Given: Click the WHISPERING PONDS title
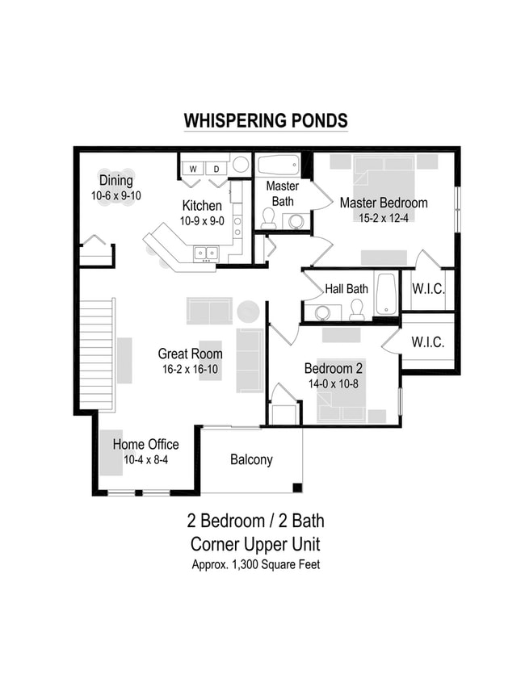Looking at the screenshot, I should click(266, 121).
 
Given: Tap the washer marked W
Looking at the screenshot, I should click(194, 168).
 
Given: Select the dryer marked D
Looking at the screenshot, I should click(216, 168).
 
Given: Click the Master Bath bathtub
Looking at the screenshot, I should click(278, 165).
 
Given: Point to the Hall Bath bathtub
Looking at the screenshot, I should click(386, 293).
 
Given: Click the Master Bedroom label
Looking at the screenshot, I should click(383, 203).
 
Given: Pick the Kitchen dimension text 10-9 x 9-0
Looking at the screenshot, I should click(202, 220).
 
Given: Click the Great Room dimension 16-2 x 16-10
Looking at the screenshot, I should click(190, 369).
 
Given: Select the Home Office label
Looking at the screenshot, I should click(145, 445).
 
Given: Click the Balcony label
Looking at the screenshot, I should click(251, 460).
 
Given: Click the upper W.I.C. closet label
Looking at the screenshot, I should click(427, 289).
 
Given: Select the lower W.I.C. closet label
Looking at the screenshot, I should click(427, 342).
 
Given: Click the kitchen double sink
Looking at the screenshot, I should click(205, 254).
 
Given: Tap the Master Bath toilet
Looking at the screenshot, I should click(268, 217).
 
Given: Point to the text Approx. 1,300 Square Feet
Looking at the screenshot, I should click(255, 564).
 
